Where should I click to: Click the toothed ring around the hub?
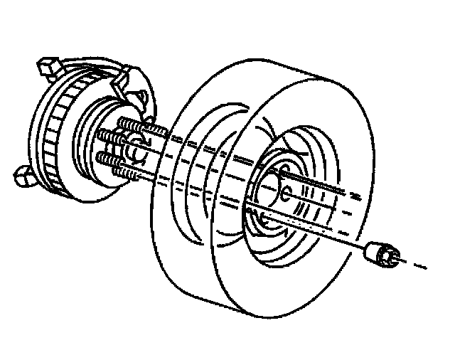click(x=53, y=142)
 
